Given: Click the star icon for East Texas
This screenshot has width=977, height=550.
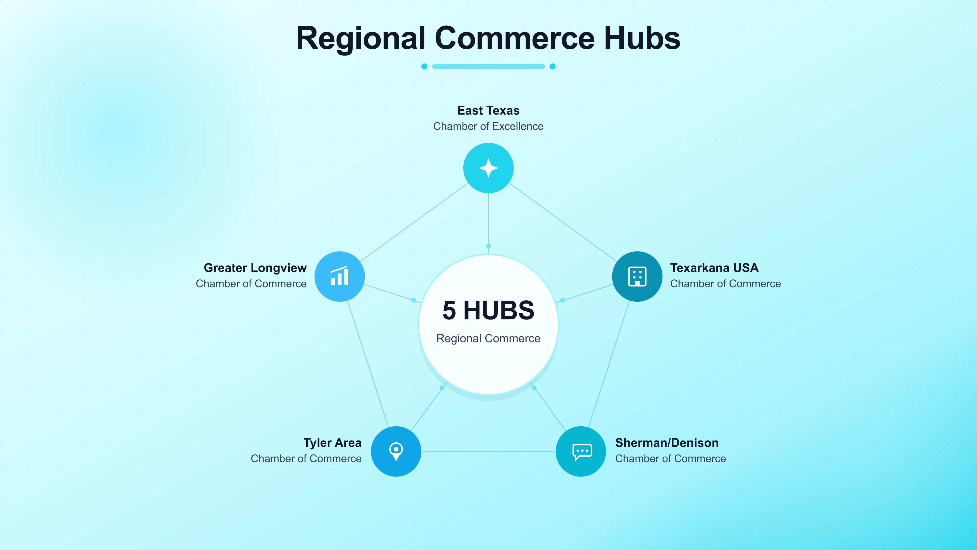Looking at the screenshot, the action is [488, 168].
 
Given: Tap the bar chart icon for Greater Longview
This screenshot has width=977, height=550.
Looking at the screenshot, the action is [340, 276].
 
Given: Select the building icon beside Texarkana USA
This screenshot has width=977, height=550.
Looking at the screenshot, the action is [637, 276].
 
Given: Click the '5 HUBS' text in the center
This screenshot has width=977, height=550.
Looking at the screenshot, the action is [488, 310].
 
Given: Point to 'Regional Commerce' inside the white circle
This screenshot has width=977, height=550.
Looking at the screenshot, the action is [488, 338].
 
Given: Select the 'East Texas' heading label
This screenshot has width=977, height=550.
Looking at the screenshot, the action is [488, 110].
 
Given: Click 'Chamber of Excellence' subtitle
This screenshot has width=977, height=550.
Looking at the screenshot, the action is [488, 126].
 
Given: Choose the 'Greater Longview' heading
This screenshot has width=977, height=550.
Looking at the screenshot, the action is [255, 268].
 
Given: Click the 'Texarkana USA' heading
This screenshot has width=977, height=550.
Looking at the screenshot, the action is [714, 268].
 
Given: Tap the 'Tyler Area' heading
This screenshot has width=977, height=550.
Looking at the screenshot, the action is [333, 443].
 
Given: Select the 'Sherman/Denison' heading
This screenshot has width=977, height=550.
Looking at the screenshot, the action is [667, 443].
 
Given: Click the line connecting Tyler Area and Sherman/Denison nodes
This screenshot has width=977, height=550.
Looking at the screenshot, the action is [488, 451].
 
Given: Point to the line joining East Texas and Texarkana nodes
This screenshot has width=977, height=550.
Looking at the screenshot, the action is [563, 222].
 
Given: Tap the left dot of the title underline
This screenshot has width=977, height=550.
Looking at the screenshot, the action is [425, 66].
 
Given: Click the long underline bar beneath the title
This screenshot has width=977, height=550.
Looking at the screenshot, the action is [488, 66].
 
